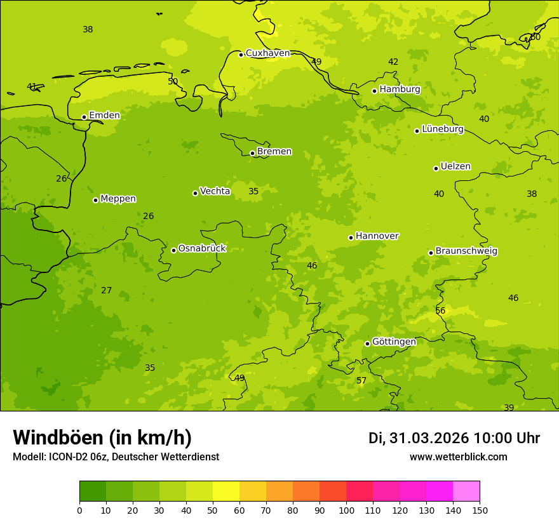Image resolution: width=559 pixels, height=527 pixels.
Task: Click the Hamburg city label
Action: click(400, 90)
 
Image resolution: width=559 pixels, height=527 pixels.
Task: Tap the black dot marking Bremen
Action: click(252, 153)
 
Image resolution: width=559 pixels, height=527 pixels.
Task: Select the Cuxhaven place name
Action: click(267, 53)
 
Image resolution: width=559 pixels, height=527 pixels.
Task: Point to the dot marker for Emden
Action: click(84, 117)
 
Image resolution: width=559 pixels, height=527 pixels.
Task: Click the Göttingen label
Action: click(394, 342)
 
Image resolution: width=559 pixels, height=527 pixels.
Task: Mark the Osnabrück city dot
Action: click(173, 250)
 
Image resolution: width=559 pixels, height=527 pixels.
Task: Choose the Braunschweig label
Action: click(466, 251)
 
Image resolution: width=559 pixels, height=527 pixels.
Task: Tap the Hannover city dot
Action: click(351, 237)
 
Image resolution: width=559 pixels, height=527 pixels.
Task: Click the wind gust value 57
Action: click(361, 381)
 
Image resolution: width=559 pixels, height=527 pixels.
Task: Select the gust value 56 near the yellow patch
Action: click(440, 311)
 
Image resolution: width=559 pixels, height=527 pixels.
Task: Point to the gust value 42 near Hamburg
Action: click(393, 62)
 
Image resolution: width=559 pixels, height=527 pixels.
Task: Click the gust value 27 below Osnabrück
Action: click(106, 291)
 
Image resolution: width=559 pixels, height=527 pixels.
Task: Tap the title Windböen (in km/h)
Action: click(102, 438)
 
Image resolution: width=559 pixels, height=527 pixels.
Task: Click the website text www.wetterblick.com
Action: click(458, 457)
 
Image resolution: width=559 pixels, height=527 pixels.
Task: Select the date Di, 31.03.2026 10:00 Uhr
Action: click(454, 438)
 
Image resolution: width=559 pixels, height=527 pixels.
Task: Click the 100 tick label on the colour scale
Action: click(346, 510)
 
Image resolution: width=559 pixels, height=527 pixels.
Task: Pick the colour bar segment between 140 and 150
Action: click(466, 491)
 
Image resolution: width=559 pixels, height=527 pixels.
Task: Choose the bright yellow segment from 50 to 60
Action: click(226, 491)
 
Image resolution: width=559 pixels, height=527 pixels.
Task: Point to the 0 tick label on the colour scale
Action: click(79, 510)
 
